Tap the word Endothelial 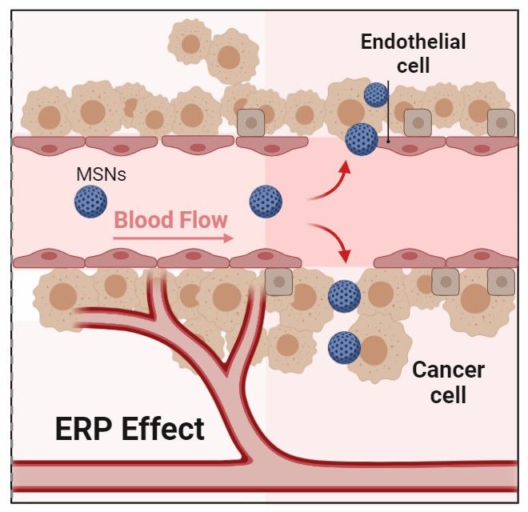[413, 42]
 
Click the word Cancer [447, 370]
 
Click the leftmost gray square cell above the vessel [251, 122]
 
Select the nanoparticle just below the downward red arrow [344, 296]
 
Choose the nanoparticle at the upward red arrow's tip [362, 139]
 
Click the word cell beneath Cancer [447, 395]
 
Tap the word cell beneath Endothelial [413, 66]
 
